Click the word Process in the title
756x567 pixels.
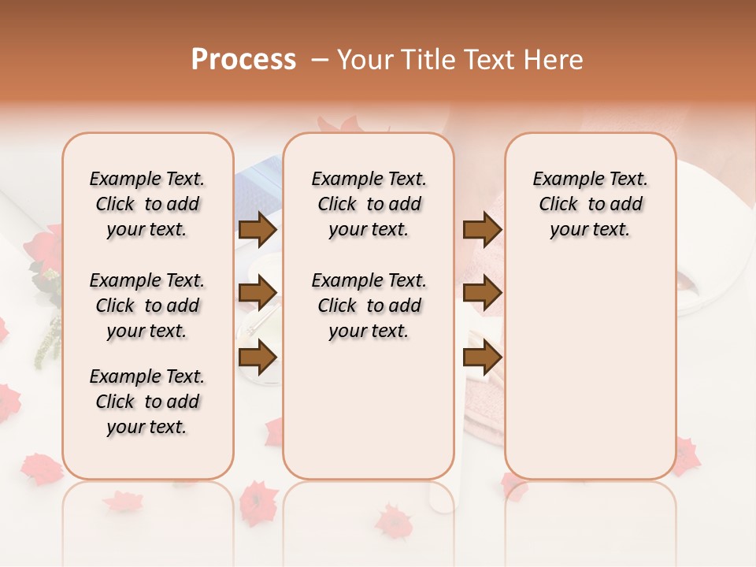click(x=243, y=60)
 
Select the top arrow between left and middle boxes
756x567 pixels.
click(x=258, y=229)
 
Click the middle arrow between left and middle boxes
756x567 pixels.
click(x=258, y=294)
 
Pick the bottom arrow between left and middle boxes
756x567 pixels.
click(x=258, y=358)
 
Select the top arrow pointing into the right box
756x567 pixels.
click(x=483, y=229)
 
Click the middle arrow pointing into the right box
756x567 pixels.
click(x=483, y=294)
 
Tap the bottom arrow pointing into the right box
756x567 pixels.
click(x=483, y=358)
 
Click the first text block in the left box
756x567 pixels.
click(x=147, y=204)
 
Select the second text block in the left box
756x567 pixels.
click(x=147, y=306)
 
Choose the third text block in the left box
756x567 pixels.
click(x=147, y=402)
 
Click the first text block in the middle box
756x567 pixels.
click(x=369, y=204)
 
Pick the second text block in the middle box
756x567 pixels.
click(x=369, y=306)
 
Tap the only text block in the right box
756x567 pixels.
click(x=590, y=204)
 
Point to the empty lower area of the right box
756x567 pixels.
click(x=590, y=370)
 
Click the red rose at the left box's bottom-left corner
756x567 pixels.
click(x=42, y=468)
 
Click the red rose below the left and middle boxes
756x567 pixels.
click(x=258, y=502)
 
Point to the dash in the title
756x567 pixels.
click(x=319, y=60)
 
